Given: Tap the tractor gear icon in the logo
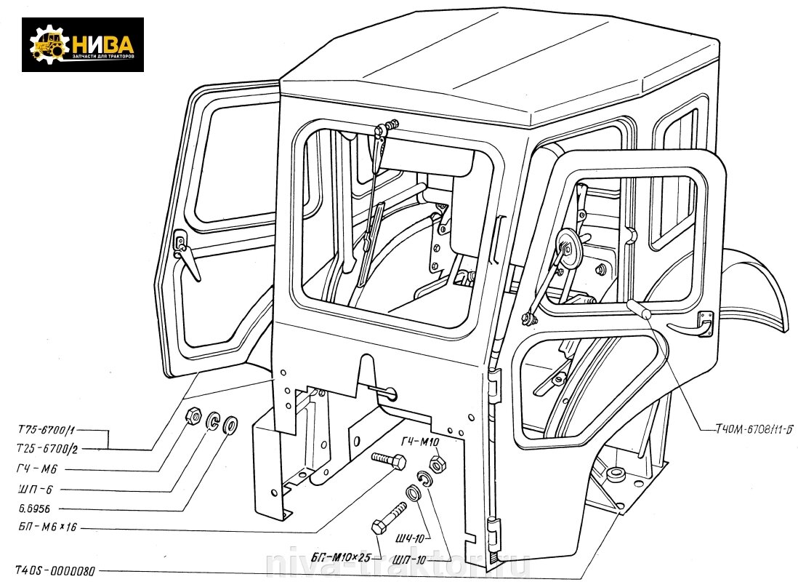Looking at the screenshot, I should click(x=49, y=44).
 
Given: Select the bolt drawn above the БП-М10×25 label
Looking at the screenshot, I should click(x=390, y=517).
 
